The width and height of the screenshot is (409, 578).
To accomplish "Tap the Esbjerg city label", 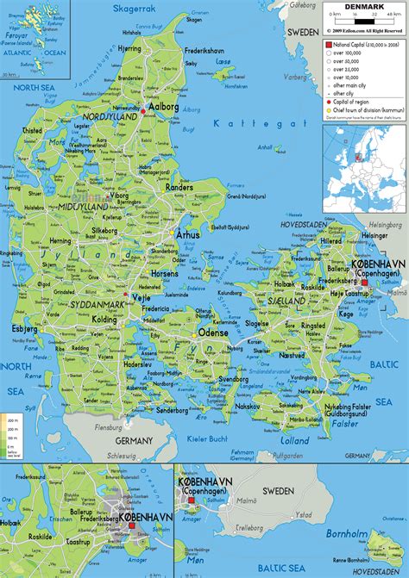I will tap(24, 329).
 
